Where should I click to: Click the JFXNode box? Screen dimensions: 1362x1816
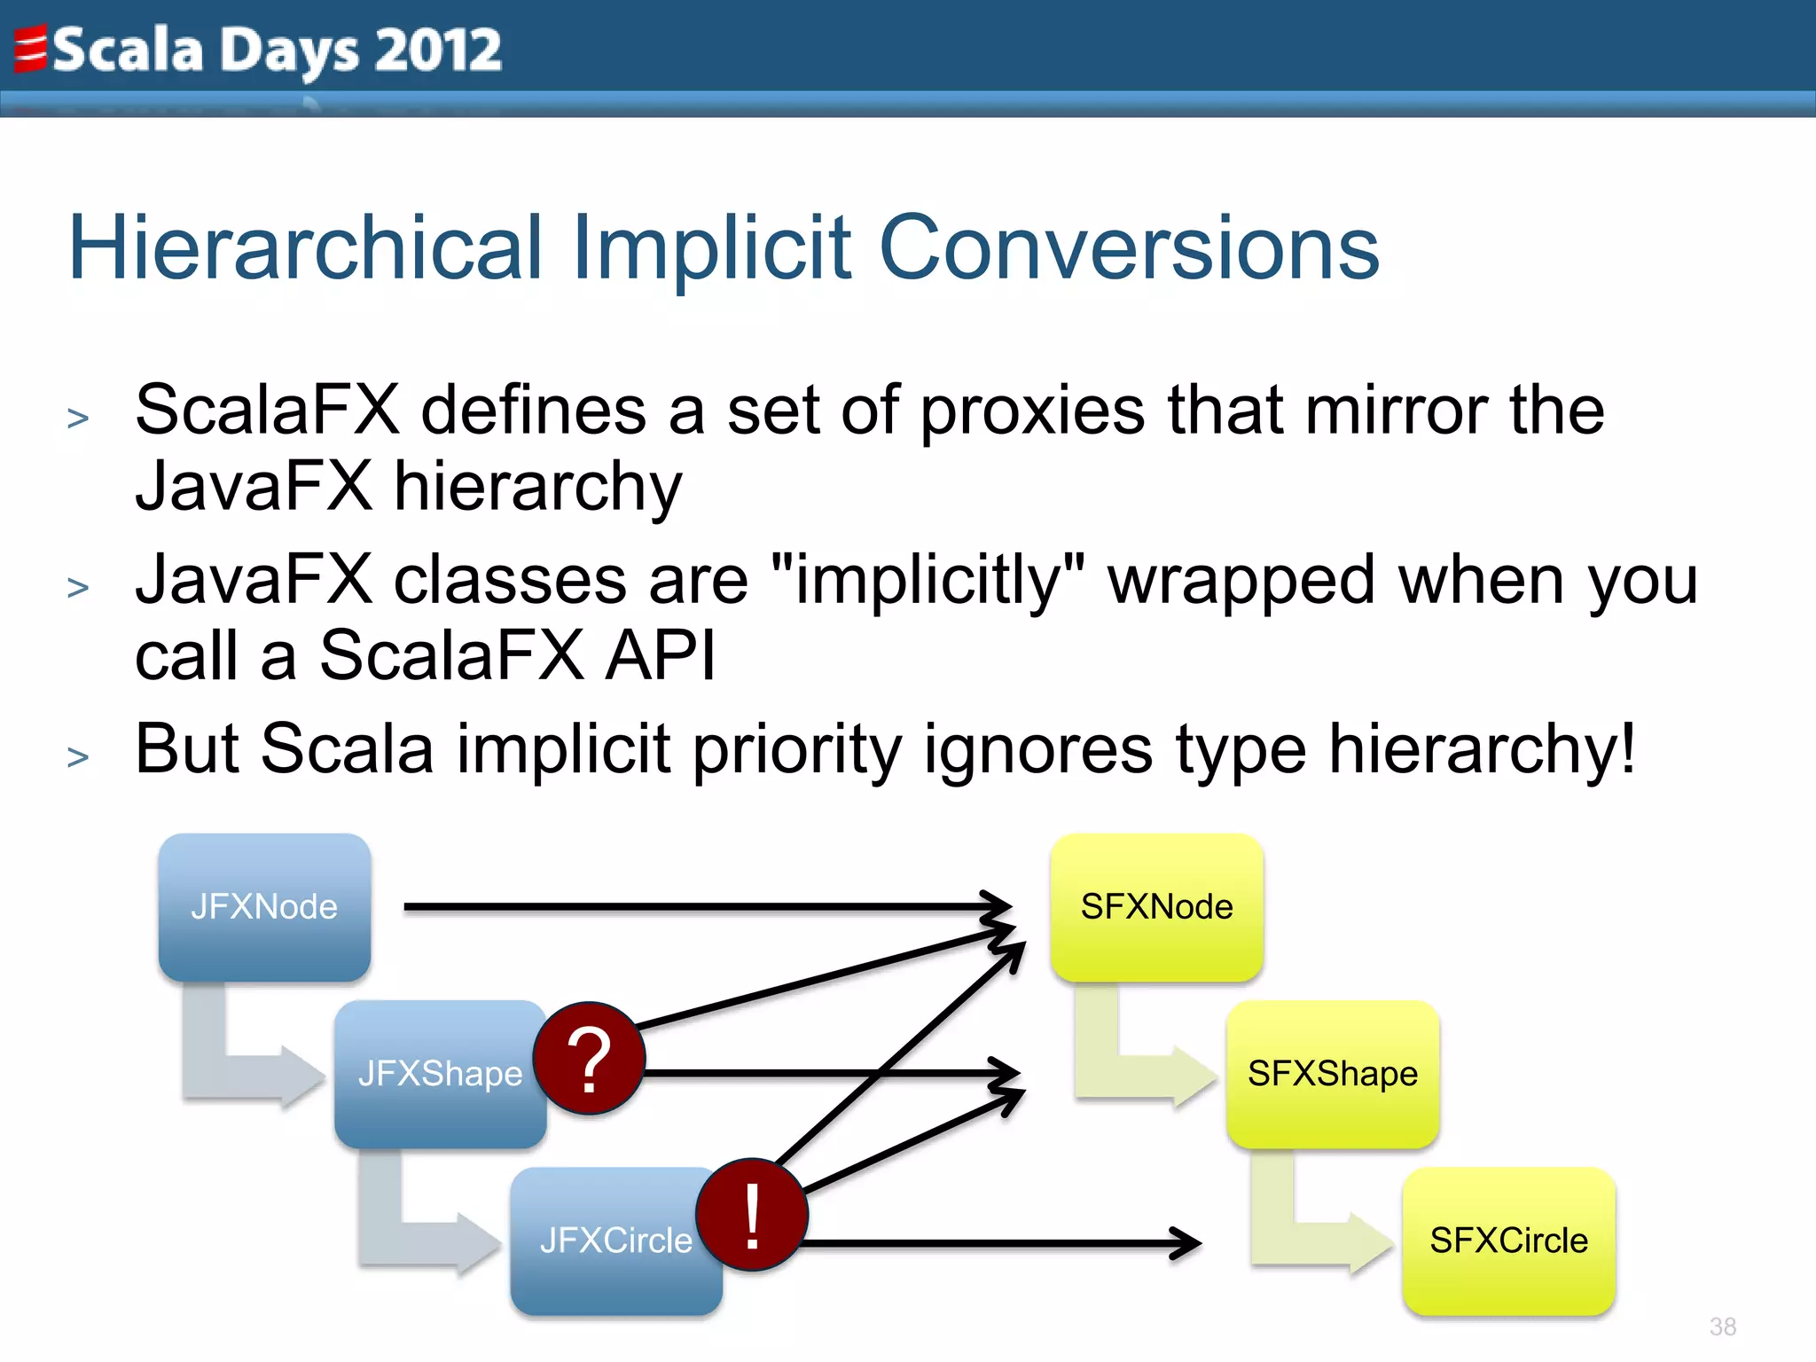coord(264,906)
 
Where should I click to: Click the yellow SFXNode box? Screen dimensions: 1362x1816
coord(1156,906)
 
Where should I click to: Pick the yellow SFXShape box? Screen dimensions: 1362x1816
coord(1332,1074)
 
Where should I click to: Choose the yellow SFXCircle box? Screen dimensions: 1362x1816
coord(1508,1241)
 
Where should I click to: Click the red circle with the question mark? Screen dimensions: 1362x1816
coord(589,1059)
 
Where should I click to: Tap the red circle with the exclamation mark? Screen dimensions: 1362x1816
coord(752,1215)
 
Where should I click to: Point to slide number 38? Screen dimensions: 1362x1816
coord(1722,1327)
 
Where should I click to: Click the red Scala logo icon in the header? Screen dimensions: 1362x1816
coord(30,49)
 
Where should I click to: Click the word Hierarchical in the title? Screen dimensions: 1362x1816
coord(303,248)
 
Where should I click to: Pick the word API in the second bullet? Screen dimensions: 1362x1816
coord(660,656)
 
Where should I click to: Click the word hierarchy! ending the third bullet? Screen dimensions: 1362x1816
coord(1481,750)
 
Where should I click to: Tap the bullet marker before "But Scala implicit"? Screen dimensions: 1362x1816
coord(78,757)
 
